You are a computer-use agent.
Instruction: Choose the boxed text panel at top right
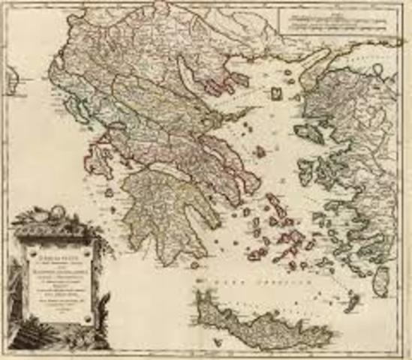point(341,22)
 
